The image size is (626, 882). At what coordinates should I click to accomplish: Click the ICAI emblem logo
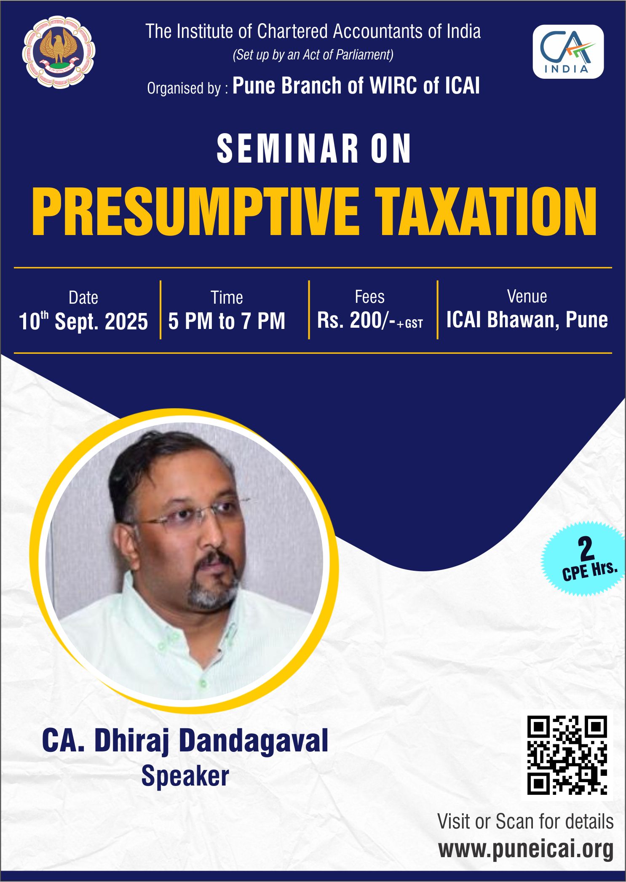point(59,52)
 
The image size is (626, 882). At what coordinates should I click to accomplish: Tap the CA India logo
point(568,51)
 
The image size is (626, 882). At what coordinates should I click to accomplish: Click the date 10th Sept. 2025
point(83,321)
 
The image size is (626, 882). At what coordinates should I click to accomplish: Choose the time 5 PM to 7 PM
point(227,321)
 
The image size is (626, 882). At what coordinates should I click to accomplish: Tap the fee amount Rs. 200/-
point(356,320)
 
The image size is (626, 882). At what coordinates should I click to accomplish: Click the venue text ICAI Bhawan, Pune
point(527,320)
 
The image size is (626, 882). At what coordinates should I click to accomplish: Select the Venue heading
point(527,297)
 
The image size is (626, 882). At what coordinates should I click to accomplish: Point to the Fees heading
point(369,297)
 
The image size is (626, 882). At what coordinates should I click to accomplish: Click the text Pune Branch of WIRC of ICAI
point(356,86)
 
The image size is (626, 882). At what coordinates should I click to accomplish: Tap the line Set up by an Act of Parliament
point(313,55)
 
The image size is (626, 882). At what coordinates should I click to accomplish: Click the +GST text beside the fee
point(409,324)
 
